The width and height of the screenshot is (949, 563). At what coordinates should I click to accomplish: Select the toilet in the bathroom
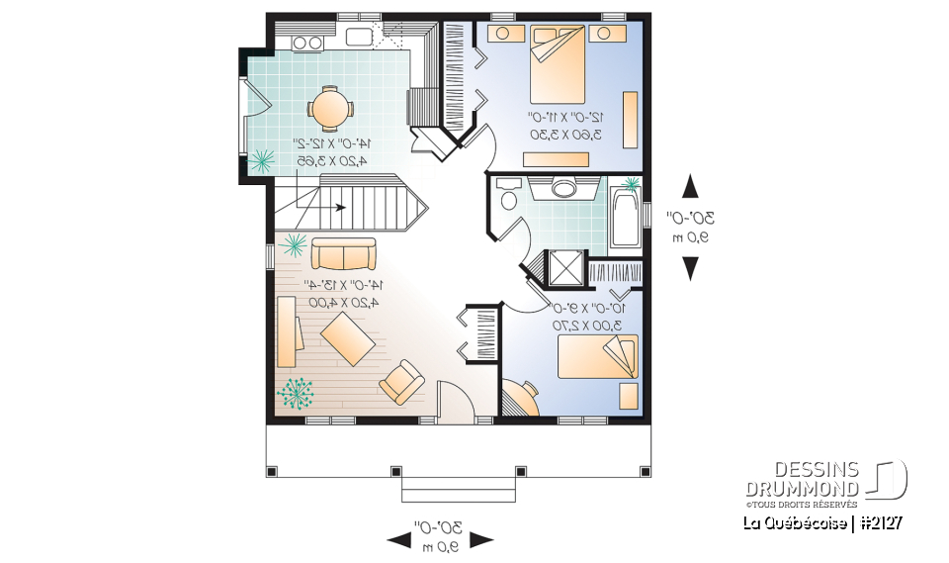point(509,195)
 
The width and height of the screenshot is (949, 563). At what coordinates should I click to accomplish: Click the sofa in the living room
point(343,255)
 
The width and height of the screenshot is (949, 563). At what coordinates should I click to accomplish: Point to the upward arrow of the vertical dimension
point(690,187)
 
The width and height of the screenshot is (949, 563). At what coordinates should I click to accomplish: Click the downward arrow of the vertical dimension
point(690,268)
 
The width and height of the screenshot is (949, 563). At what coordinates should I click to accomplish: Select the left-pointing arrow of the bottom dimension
point(399,539)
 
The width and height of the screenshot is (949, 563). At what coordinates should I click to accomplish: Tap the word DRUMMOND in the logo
point(802,488)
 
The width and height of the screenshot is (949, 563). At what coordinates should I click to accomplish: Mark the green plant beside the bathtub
point(629,183)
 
